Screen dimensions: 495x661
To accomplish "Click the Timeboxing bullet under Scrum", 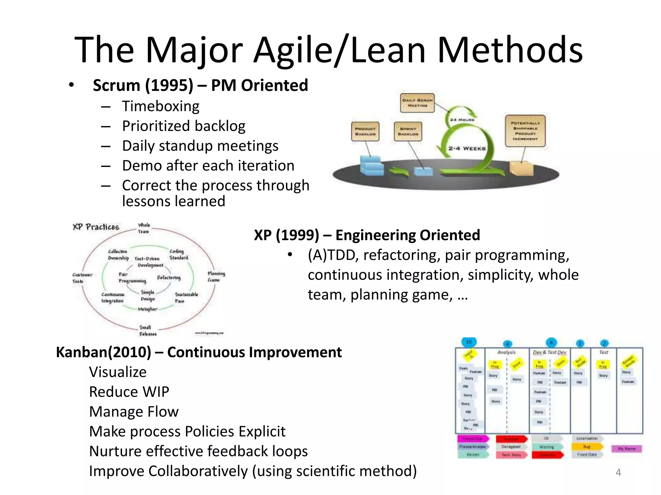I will coord(160,106).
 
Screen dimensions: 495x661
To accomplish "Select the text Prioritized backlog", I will coord(183,126).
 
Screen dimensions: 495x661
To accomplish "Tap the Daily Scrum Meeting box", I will coord(417,103).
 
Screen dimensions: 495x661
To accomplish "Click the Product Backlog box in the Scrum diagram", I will coord(365,131).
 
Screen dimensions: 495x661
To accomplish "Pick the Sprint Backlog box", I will coord(408,131).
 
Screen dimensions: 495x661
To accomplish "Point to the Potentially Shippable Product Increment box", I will coord(525,131).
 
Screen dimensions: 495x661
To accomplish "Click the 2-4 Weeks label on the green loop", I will coord(466,149).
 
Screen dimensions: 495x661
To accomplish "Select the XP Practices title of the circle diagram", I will coord(96,227).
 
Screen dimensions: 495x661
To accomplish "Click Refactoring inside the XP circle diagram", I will coord(169,277).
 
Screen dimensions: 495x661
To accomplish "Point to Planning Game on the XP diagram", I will coord(216,277).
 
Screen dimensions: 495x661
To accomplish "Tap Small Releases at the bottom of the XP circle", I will coord(147,331).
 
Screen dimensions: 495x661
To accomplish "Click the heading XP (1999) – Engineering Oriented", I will coord(367,235).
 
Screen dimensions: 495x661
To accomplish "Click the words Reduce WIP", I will coord(129,392).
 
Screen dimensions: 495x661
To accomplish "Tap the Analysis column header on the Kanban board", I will coord(506,352).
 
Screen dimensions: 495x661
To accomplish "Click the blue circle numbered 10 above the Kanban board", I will coord(469,342).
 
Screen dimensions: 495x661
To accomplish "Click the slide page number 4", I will coord(618,472).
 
